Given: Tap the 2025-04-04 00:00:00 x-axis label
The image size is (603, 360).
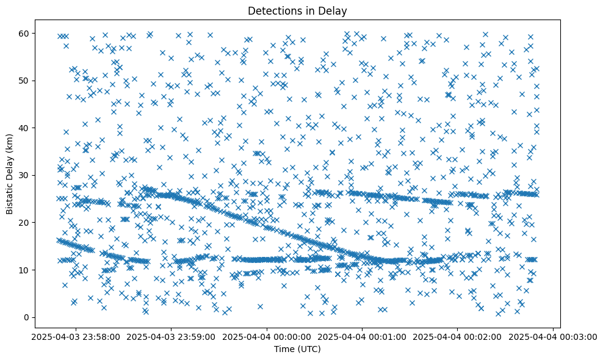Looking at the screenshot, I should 267,336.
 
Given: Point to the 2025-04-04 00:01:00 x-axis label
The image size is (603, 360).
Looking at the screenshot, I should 363,336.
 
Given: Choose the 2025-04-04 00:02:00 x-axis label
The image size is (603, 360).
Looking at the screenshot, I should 458,336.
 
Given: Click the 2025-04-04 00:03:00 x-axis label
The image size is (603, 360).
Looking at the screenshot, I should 553,336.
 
